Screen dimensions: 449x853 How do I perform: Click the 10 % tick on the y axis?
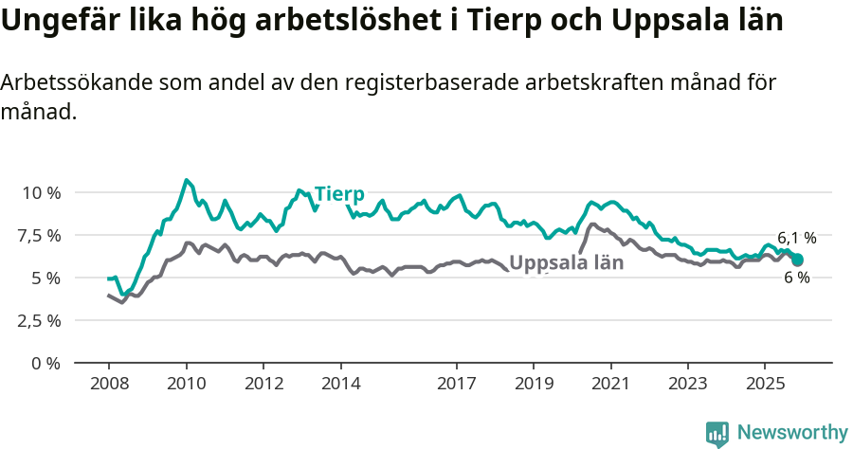point(42,192)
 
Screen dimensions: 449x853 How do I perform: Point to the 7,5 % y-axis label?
point(42,235)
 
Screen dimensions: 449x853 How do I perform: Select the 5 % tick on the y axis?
point(48,278)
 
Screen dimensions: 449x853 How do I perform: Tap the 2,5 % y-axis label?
point(42,320)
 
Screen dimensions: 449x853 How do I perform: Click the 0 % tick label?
point(48,363)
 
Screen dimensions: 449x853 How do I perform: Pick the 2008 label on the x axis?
point(108,384)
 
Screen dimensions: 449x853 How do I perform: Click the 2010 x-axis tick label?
point(186,384)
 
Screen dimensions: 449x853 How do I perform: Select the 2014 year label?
point(340,384)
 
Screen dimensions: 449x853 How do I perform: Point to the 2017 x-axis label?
point(456,384)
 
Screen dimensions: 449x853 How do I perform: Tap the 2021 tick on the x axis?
point(610,384)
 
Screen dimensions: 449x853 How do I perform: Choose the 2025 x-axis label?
point(765,384)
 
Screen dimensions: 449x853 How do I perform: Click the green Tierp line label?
point(339,193)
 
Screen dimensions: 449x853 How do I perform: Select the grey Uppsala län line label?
point(566,262)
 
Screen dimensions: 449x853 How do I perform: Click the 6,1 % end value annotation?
point(796,238)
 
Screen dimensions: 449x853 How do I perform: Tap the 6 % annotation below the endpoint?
point(796,278)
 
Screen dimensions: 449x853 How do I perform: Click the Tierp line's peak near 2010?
point(187,180)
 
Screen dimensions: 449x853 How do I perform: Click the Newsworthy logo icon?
point(717,433)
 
